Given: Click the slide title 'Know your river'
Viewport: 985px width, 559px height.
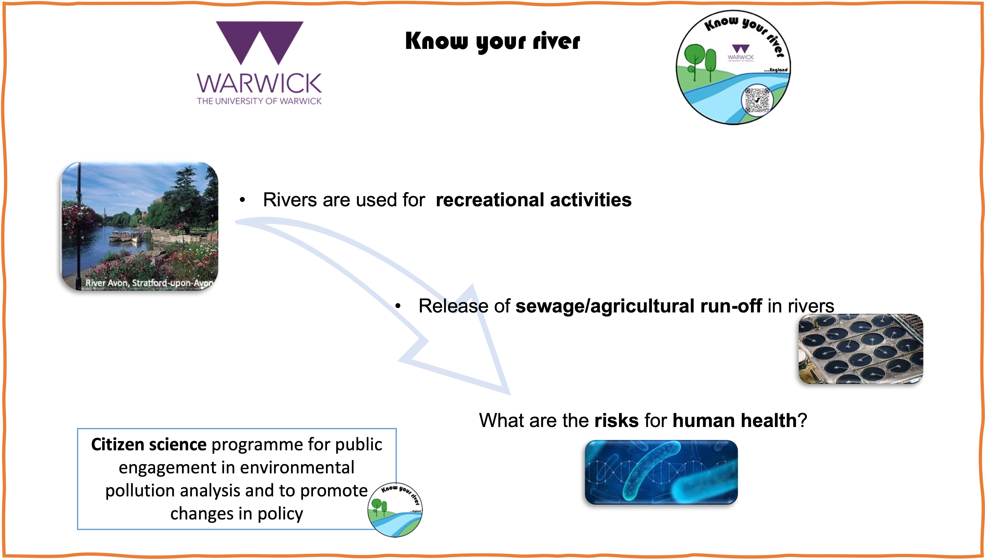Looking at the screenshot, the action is point(492,41).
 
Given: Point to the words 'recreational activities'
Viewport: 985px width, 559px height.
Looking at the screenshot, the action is point(533,200).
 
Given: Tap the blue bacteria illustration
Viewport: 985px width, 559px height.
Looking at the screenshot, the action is point(661,472).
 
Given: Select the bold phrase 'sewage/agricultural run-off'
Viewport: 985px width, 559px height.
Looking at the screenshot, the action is point(638,306).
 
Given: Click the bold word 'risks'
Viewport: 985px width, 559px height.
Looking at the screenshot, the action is point(616,420).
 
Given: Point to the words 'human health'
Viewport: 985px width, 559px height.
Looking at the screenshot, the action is point(735,420).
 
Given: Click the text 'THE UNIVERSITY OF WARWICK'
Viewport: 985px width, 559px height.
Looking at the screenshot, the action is point(259,101).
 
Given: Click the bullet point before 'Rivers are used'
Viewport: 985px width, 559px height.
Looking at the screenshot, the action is point(242,200).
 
